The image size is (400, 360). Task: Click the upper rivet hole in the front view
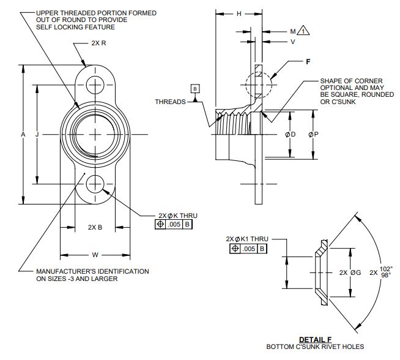pos(95,83)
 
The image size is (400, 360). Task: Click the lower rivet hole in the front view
pos(95,183)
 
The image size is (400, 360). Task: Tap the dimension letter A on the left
pos(23,134)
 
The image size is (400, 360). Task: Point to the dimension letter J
pos(37,134)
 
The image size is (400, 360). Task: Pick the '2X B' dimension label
pos(95,227)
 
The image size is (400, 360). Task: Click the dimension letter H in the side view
pos(239,13)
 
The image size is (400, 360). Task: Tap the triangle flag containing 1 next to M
pos(304,30)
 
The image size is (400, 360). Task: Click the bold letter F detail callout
pos(309,62)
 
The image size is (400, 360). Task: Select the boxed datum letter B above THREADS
pos(196,89)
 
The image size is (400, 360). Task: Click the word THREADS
pos(170,102)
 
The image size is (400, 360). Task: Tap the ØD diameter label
pos(291,134)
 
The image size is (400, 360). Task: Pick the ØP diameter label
pos(313,134)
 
